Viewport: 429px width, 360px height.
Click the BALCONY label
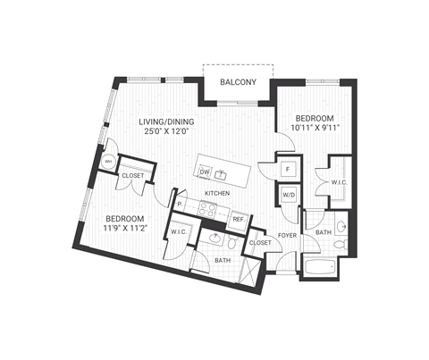(239, 84)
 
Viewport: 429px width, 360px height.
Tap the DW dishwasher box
(206, 173)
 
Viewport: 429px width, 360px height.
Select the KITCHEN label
(218, 193)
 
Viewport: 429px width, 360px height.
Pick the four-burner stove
(208, 211)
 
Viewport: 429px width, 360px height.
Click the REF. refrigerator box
(239, 218)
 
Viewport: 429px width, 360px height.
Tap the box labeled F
(289, 168)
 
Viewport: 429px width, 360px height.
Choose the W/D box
(289, 196)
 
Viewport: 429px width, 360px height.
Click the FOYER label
(286, 236)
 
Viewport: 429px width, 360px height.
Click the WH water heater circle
(109, 162)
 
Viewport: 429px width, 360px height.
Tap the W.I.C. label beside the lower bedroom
(178, 234)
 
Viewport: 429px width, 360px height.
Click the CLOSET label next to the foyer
(260, 242)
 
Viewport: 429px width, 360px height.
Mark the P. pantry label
(181, 205)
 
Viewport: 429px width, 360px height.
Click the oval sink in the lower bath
(215, 238)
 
